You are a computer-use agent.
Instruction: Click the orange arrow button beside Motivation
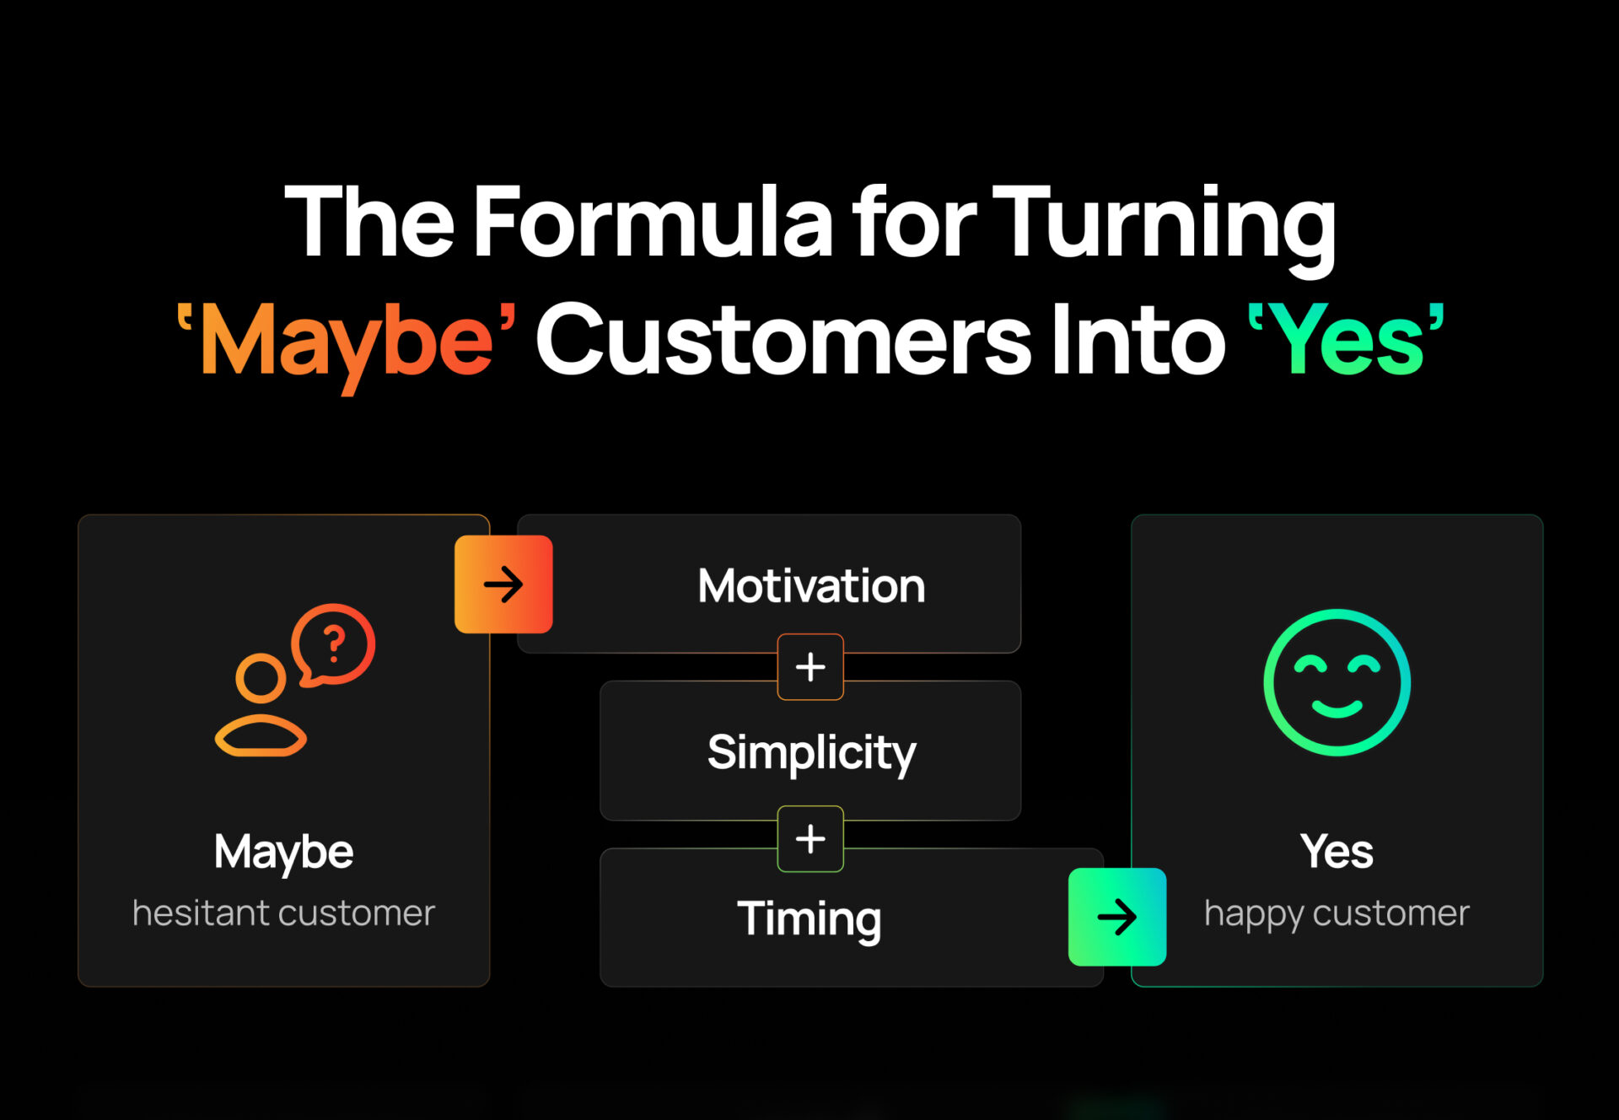click(503, 584)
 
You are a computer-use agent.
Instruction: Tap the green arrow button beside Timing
click(1117, 917)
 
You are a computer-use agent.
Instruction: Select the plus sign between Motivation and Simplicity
click(810, 667)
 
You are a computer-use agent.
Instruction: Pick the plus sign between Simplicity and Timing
click(810, 839)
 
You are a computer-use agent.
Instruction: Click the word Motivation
click(811, 585)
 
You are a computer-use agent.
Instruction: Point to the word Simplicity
click(811, 753)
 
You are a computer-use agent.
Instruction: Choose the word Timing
click(809, 919)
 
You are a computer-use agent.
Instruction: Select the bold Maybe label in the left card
click(283, 853)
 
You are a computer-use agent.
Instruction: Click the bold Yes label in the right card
click(1337, 851)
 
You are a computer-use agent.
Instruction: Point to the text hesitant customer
click(283, 913)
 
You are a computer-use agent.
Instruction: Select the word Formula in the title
click(654, 221)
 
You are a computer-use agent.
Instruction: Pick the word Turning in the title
click(1164, 228)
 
